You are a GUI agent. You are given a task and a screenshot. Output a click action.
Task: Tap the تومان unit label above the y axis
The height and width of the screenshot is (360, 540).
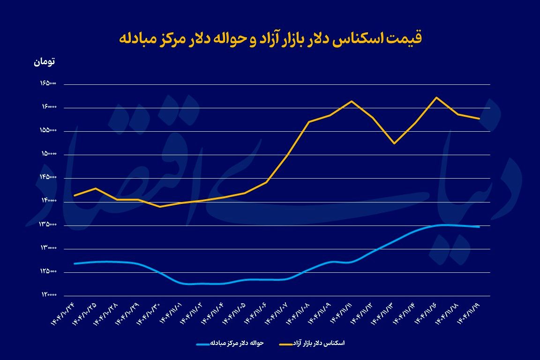[x=45, y=61]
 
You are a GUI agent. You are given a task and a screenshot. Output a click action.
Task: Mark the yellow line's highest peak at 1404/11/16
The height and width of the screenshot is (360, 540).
[x=437, y=97]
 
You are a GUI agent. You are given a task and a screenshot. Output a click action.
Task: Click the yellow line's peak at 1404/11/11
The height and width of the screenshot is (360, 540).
[x=352, y=101]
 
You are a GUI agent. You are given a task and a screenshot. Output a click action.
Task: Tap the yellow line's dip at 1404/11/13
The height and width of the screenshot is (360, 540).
[x=394, y=143]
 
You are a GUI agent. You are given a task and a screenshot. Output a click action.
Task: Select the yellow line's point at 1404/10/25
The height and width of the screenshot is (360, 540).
[x=96, y=188]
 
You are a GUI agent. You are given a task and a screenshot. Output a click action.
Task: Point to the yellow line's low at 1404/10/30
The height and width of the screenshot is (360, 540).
[x=160, y=207]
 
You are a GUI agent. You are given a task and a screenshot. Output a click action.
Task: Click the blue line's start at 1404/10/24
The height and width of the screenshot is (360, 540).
[x=75, y=263]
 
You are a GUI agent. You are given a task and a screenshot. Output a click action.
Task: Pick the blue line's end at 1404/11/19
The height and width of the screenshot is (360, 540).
[x=479, y=227]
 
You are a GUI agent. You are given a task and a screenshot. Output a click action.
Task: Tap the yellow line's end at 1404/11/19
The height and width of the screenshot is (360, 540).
[x=479, y=119]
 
